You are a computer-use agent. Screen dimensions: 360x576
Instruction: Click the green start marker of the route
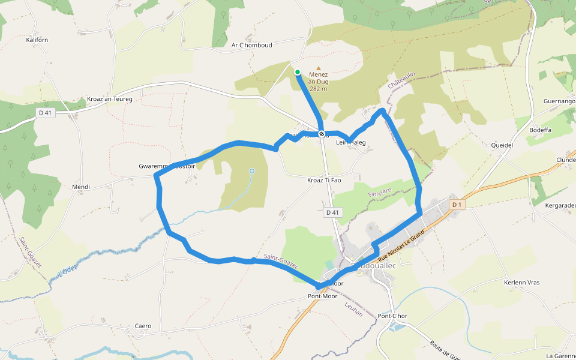pyautogui.click(x=298, y=72)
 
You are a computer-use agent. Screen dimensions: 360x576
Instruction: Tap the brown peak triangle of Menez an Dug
pyautogui.click(x=319, y=68)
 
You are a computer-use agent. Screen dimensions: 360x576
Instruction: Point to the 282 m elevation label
pyautogui.click(x=319, y=89)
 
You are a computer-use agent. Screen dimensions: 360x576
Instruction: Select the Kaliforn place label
pyautogui.click(x=37, y=40)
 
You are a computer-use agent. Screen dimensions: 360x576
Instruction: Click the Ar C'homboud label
pyautogui.click(x=252, y=45)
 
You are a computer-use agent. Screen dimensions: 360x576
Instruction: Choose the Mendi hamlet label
pyautogui.click(x=81, y=187)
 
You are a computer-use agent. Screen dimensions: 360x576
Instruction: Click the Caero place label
pyautogui.click(x=143, y=326)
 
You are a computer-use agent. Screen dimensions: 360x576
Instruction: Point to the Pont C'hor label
pyautogui.click(x=393, y=316)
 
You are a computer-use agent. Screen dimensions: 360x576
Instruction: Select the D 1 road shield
pyautogui.click(x=457, y=205)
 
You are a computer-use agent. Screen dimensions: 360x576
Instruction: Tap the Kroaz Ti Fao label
pyautogui.click(x=324, y=180)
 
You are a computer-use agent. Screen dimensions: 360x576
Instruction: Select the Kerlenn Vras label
pyautogui.click(x=522, y=283)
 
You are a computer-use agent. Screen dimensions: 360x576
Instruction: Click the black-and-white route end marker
pyautogui.click(x=322, y=134)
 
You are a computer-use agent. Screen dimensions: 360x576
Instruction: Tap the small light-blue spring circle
pyautogui.click(x=252, y=172)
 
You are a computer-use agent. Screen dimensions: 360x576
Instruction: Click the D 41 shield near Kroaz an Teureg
pyautogui.click(x=46, y=112)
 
